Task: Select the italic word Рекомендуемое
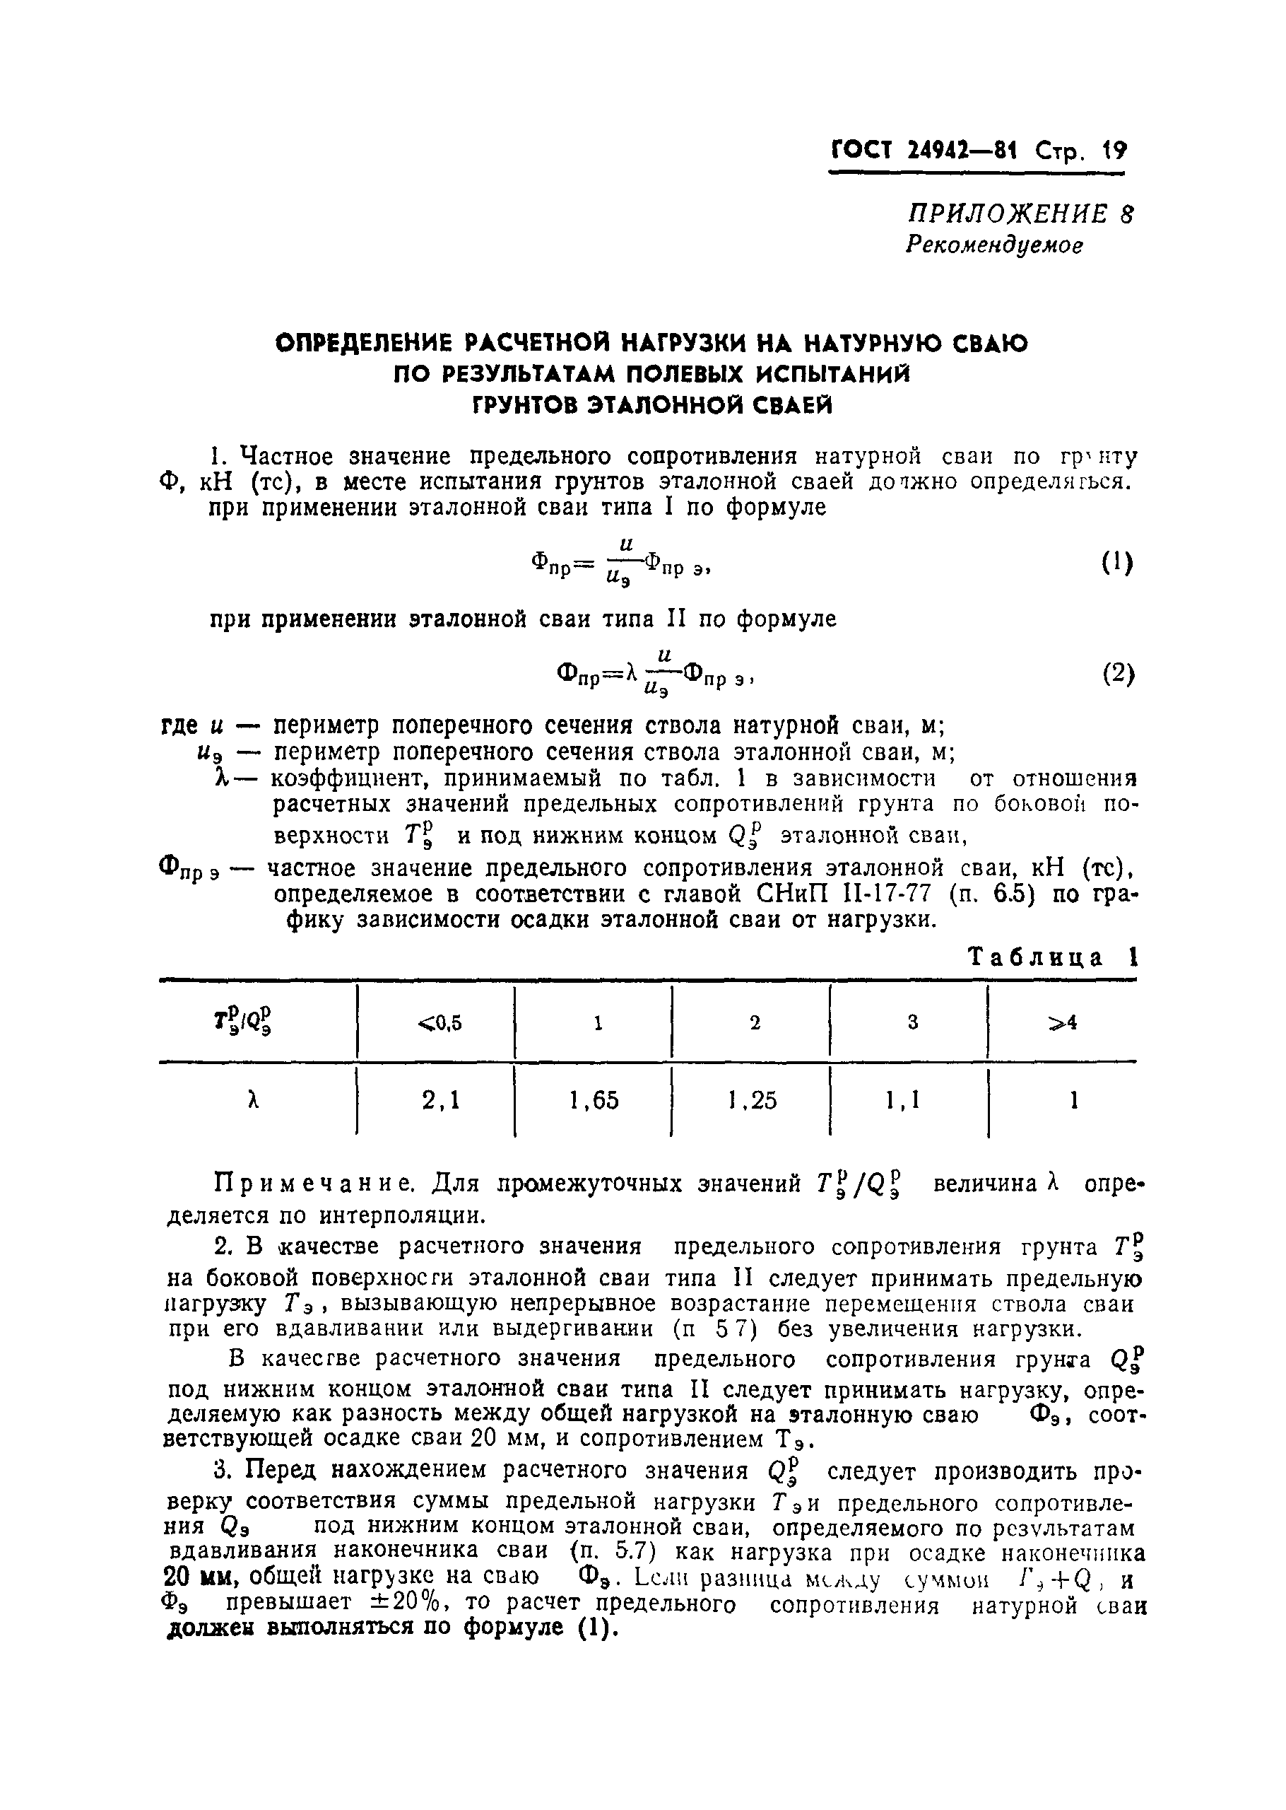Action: tap(993, 245)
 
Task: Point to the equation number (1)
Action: tap(1117, 564)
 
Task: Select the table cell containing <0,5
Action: tap(439, 1023)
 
